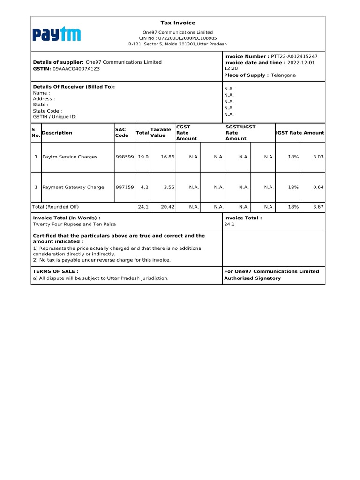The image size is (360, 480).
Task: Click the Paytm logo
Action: (x=57, y=34)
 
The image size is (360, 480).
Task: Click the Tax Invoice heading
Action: (x=178, y=23)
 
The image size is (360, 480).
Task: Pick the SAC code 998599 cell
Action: (x=125, y=157)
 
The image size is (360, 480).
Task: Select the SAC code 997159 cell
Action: (x=125, y=187)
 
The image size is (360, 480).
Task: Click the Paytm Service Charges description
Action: (x=70, y=157)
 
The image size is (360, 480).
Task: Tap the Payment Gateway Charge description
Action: (x=73, y=187)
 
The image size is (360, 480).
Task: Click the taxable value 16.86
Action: (x=168, y=157)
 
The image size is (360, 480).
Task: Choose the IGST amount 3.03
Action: (x=318, y=157)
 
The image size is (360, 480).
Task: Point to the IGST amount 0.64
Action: (x=318, y=187)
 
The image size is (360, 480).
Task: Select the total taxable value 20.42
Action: (x=168, y=207)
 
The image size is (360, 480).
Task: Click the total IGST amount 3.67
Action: (x=318, y=207)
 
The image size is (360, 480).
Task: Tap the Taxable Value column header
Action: (x=160, y=133)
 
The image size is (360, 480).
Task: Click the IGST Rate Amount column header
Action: (x=300, y=133)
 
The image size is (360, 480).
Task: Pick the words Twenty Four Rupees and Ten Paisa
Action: (x=74, y=225)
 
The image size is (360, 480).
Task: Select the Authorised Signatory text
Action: (x=252, y=278)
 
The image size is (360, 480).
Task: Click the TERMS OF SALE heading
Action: (x=56, y=271)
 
